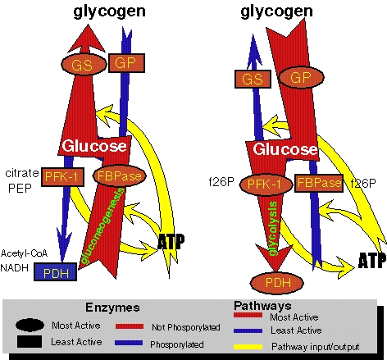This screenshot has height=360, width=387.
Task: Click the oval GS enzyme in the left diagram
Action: (x=84, y=65)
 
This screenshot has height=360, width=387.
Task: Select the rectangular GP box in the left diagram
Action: (x=126, y=63)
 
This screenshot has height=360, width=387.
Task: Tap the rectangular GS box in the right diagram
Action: (x=253, y=79)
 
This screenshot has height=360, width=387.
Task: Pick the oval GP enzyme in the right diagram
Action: (x=301, y=77)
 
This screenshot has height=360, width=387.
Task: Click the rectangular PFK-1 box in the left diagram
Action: (x=62, y=177)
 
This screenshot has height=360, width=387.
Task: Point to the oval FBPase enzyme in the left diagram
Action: (x=120, y=175)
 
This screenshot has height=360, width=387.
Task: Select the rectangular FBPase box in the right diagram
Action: (x=319, y=183)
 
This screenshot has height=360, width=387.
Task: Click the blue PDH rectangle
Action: (x=56, y=272)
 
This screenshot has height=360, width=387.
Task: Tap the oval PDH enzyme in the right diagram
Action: (x=277, y=283)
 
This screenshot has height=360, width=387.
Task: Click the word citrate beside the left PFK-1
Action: (x=22, y=173)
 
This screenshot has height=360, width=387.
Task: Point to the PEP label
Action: (x=20, y=188)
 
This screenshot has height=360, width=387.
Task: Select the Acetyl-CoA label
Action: (x=24, y=253)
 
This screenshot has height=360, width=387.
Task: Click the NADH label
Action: (x=15, y=268)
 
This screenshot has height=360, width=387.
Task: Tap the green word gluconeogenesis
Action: (x=104, y=226)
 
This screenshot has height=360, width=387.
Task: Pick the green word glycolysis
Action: (x=273, y=229)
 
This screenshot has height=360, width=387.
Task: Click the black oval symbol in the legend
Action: (x=30, y=325)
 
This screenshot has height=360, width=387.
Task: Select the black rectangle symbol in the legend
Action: (x=30, y=342)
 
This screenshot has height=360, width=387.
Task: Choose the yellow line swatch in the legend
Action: (x=248, y=347)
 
